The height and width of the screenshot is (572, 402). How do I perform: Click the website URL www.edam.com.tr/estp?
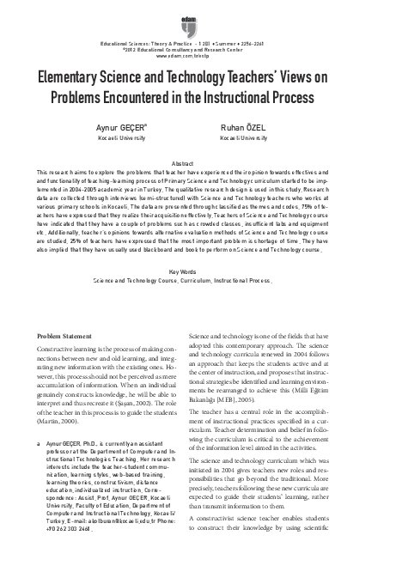pyautogui.click(x=200, y=54)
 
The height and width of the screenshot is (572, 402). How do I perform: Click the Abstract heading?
pyautogui.click(x=201, y=162)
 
